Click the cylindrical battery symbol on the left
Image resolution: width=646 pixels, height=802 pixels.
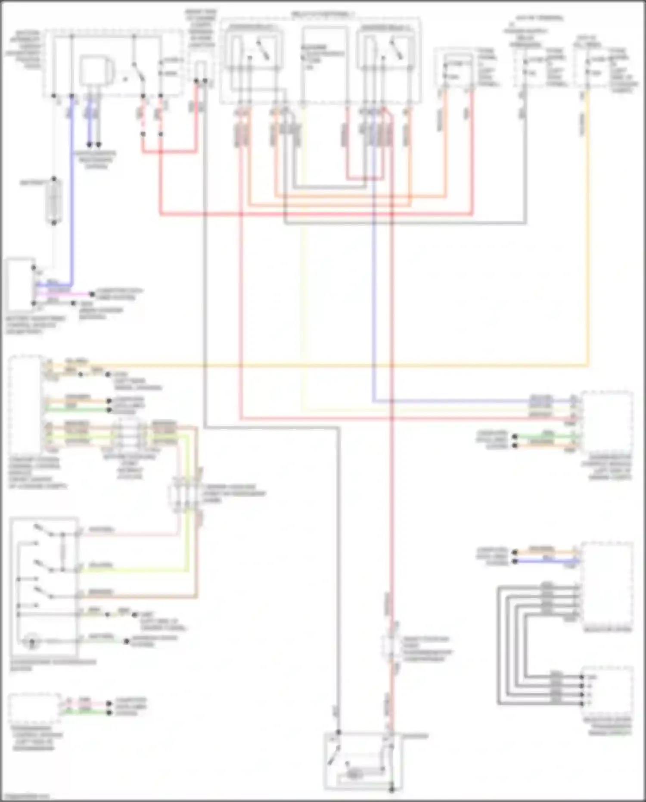54,201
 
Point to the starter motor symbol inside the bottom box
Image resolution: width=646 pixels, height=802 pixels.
353,774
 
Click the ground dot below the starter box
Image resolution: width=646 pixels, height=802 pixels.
391,790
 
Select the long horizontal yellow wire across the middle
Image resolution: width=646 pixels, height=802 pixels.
345,366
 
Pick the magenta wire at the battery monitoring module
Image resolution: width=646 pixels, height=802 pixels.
65,294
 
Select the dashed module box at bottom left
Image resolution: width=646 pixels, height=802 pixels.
34,708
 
